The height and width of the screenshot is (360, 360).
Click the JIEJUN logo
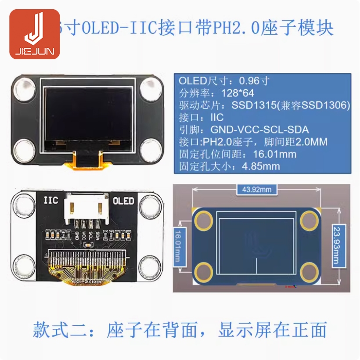[x=35, y=34]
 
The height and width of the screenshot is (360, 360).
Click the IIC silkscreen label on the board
[x=50, y=201]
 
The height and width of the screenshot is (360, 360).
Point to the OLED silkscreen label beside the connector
[x=123, y=201]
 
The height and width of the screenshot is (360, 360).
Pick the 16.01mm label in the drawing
[x=178, y=245]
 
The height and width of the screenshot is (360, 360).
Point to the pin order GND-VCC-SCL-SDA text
[x=259, y=130]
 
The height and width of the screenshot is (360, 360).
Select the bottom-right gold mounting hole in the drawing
[x=310, y=272]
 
